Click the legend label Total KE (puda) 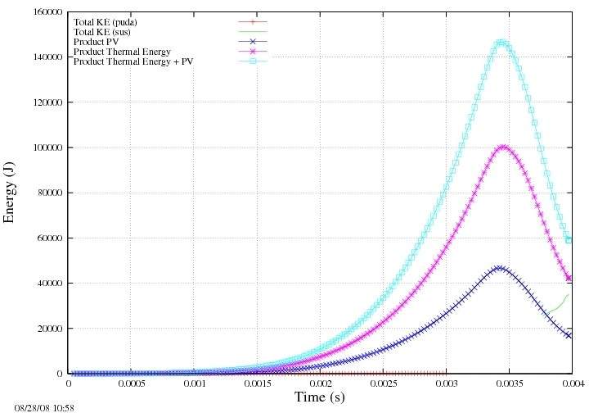click(106, 22)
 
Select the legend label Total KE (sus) click(101, 32)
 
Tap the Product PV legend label click(97, 42)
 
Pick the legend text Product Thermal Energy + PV click(133, 61)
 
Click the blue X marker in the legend click(253, 41)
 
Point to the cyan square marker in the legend click(253, 61)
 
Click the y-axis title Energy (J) click(8, 193)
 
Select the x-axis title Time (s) click(320, 397)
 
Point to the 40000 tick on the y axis click(50, 284)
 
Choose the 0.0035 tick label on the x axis click(510, 383)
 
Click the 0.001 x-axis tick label click(194, 383)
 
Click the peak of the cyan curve click(501, 42)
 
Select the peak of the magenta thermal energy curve click(503, 147)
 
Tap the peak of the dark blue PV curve click(499, 268)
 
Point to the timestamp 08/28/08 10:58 click(44, 408)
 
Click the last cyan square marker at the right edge click(569, 240)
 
